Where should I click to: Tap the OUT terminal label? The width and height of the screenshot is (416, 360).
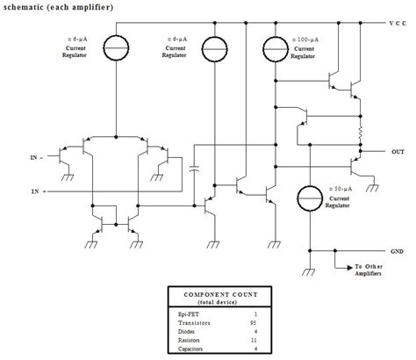coord(398,151)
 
